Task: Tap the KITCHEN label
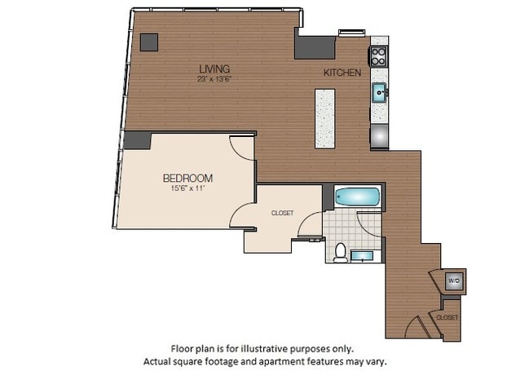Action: [342, 73]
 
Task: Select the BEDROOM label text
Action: [187, 179]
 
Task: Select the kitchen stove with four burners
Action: [379, 55]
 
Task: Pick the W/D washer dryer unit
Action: [453, 281]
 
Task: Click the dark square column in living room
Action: [149, 42]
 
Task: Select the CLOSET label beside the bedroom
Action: [282, 214]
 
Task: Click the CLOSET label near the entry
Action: [447, 317]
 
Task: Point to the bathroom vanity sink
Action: [365, 256]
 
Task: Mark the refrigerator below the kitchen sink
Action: [380, 135]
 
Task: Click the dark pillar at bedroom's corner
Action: [137, 139]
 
